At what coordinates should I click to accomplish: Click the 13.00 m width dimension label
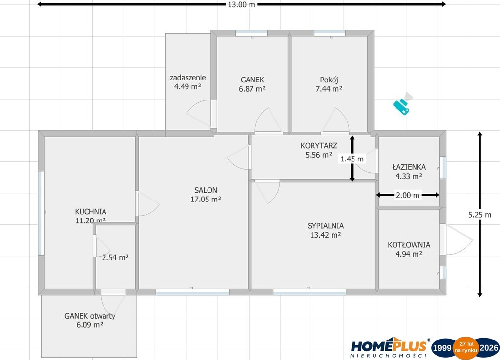(241, 5)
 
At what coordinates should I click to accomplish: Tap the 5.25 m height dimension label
(479, 215)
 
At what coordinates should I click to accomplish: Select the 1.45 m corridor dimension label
(352, 159)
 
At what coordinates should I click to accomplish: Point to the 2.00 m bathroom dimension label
(408, 195)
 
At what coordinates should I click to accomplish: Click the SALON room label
(206, 190)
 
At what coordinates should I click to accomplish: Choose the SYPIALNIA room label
(326, 226)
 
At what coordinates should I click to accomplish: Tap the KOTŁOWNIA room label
(409, 245)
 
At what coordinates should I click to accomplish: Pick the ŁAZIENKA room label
(409, 167)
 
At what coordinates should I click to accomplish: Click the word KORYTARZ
(319, 145)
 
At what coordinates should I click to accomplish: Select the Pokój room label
(329, 80)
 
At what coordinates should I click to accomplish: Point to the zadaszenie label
(187, 78)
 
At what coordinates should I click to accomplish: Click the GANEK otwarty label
(90, 316)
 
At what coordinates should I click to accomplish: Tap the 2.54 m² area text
(115, 257)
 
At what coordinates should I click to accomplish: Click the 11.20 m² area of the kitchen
(90, 220)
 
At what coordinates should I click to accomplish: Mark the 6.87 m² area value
(252, 89)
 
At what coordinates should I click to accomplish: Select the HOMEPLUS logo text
(389, 346)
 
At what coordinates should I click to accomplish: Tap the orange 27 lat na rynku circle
(466, 348)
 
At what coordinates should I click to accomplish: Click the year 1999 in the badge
(442, 348)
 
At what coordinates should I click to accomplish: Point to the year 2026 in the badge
(489, 348)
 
